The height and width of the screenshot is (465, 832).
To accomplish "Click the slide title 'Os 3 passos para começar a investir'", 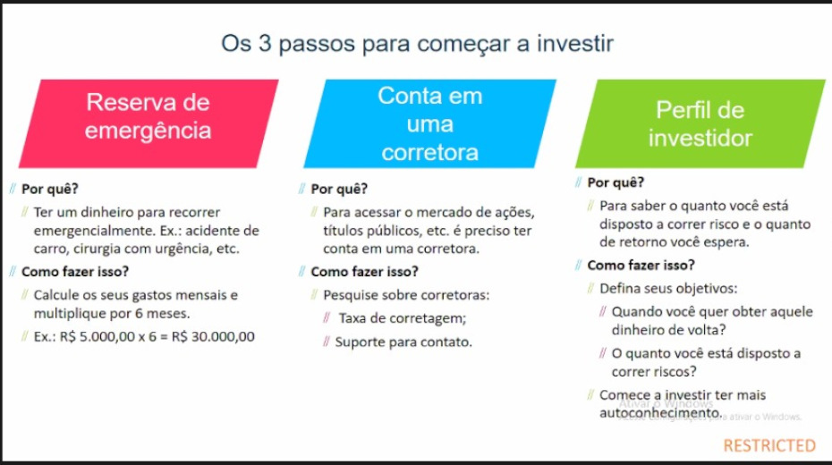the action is tap(417, 44).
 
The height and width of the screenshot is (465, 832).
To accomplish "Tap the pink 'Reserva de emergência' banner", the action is tap(149, 123).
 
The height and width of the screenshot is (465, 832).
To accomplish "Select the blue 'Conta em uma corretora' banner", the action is tap(429, 123).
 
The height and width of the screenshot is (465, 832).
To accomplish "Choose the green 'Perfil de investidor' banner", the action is tap(700, 123).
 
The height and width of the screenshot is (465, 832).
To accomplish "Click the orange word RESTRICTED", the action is tap(769, 445).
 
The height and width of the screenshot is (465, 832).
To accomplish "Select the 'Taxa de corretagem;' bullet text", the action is tap(403, 318).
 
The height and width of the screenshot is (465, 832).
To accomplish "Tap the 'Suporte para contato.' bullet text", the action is tap(403, 342).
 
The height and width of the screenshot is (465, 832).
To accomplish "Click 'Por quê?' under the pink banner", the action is tap(50, 189).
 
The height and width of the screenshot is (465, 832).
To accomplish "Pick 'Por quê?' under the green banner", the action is tap(616, 182).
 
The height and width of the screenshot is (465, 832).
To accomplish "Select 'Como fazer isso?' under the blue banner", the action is tap(364, 272).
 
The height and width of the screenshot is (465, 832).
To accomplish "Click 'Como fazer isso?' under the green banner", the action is tap(641, 265).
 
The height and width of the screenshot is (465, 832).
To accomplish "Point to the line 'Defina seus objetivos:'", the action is tap(668, 289).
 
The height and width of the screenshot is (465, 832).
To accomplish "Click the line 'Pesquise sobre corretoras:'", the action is tap(406, 295).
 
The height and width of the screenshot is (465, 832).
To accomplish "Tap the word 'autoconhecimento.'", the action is tap(661, 412).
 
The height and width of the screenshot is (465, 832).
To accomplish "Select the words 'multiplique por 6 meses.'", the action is tap(112, 313).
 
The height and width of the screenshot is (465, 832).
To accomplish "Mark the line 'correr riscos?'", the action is tap(654, 371).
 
